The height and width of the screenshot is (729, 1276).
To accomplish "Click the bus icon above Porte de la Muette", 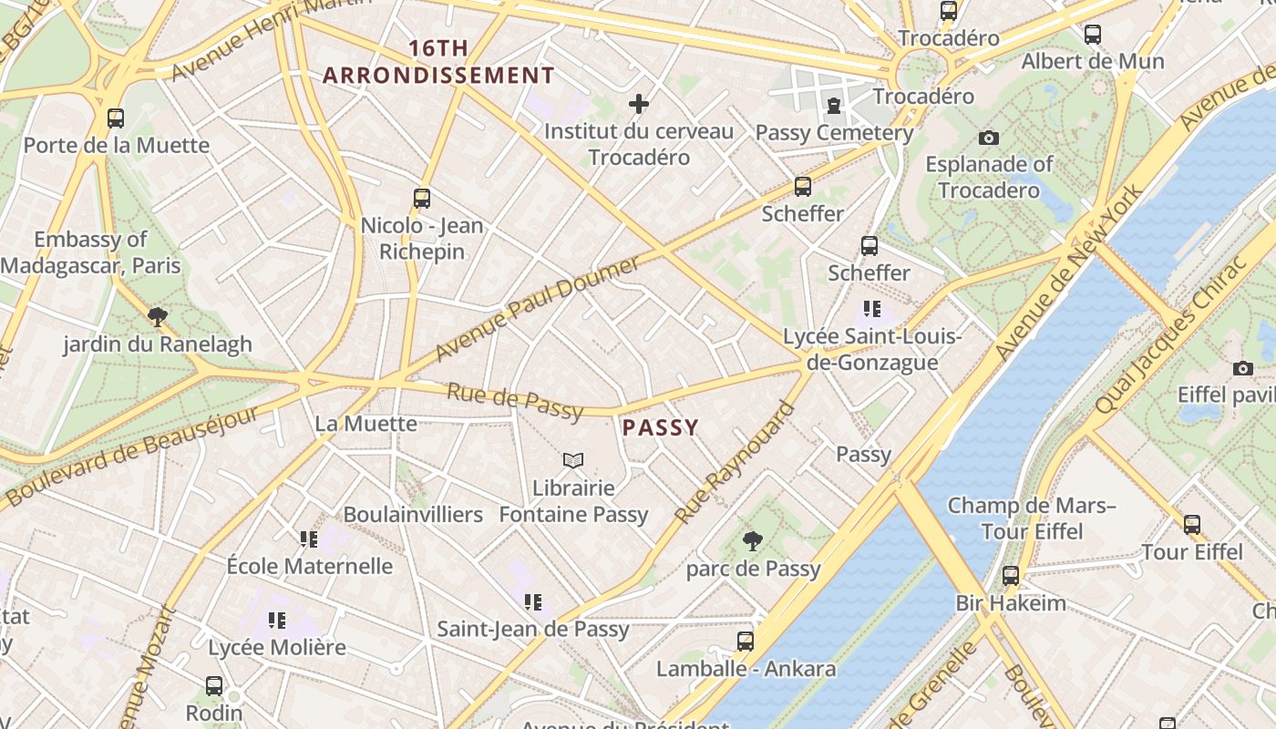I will click(116, 118).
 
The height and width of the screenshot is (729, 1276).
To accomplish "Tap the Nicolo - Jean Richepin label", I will click(422, 238).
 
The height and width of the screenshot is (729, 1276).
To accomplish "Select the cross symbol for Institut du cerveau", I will click(639, 104).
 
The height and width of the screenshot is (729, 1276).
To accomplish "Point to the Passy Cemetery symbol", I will click(833, 107).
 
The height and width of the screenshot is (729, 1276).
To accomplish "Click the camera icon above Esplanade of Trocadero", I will click(989, 139).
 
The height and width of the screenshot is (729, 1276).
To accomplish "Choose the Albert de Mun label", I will click(1092, 61).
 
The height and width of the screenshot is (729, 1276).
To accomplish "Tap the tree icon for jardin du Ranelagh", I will click(158, 317).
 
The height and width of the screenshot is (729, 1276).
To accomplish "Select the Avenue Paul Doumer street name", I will click(538, 308).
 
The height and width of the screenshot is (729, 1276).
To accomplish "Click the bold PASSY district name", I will click(661, 427).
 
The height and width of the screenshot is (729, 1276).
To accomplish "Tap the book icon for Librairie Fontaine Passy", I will click(572, 461).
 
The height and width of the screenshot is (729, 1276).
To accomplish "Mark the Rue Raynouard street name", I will click(735, 462).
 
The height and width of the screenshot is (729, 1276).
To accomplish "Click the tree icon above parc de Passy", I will click(752, 541).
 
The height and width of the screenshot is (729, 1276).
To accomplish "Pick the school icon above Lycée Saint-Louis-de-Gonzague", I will click(872, 309).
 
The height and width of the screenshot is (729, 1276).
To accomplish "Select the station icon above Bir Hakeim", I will click(1010, 576).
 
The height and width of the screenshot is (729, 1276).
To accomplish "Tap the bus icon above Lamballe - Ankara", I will click(746, 642).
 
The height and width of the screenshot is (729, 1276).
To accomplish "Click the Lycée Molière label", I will click(277, 648).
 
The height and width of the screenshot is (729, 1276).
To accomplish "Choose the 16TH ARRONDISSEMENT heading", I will click(438, 61).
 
